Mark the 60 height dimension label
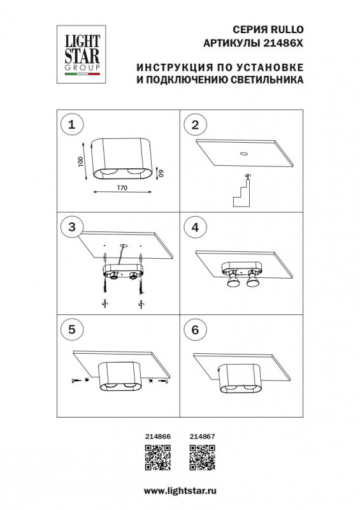pyautogui.click(x=162, y=171)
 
